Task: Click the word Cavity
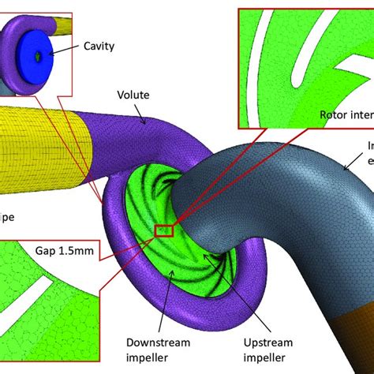pyautogui.click(x=99, y=47)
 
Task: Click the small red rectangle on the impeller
pyautogui.click(x=165, y=231)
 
